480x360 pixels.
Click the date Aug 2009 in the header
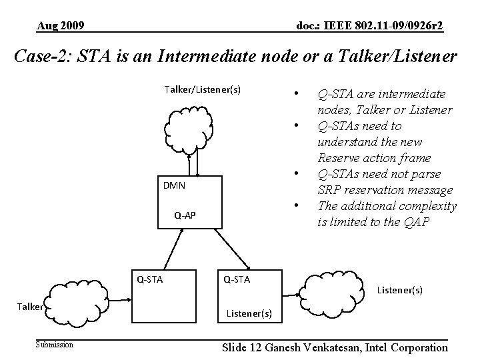tap(61, 26)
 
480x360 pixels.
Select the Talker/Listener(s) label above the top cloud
tap(203, 89)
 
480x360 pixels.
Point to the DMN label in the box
tap(174, 185)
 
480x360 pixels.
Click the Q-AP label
tap(185, 215)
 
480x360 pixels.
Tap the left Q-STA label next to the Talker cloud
tap(151, 279)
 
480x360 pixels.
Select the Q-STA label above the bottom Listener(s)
tap(236, 279)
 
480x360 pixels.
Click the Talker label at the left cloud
tap(30, 307)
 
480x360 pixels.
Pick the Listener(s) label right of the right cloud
tap(400, 290)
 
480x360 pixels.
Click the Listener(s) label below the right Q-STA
tap(249, 312)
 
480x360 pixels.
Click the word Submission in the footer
tap(55, 344)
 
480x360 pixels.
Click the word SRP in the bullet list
tap(330, 190)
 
